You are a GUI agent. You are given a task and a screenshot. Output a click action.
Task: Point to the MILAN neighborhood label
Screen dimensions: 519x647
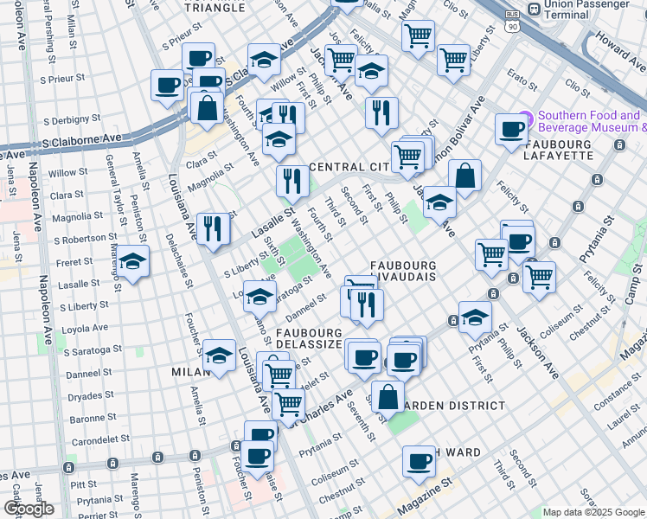[189, 371]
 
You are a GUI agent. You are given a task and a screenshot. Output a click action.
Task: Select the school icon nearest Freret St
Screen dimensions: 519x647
[132, 260]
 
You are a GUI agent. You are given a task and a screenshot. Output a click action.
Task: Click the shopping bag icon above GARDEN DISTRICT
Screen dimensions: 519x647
[389, 396]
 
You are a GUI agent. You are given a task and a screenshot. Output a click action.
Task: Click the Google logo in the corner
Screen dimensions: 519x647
[29, 509]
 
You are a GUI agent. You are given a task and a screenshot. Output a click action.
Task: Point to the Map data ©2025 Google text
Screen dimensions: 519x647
[593, 512]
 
